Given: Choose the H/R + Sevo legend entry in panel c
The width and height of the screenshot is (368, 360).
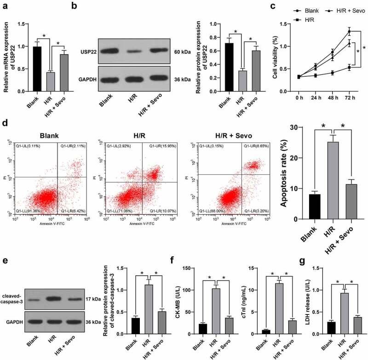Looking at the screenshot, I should point(347,10).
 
